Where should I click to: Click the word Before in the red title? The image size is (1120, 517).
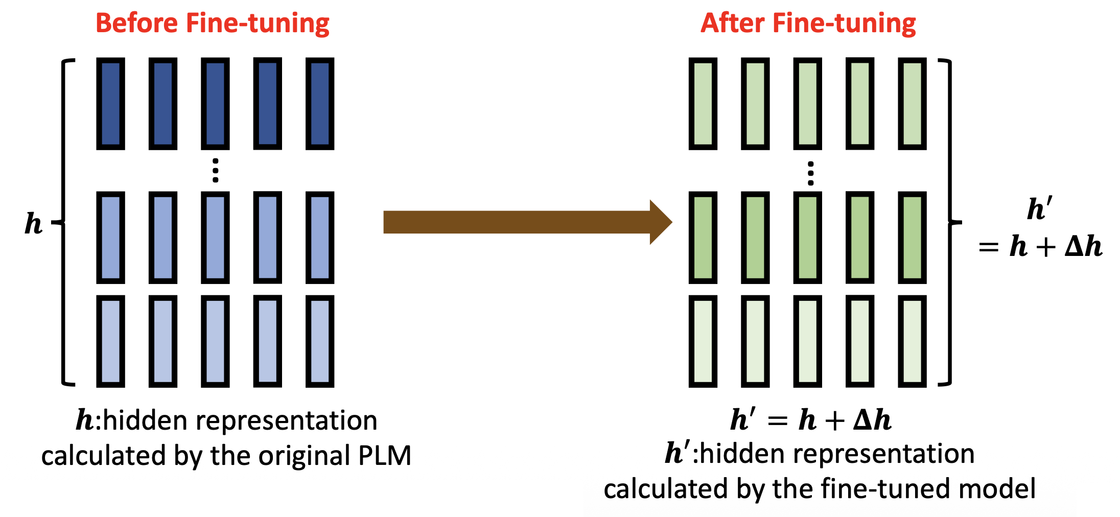click(137, 24)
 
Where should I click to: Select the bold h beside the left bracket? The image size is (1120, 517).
click(34, 223)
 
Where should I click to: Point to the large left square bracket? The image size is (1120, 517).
click(64, 222)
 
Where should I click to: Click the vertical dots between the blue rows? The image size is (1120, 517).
click(216, 171)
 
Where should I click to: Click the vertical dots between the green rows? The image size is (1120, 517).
click(810, 174)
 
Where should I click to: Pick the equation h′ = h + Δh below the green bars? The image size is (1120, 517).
click(810, 420)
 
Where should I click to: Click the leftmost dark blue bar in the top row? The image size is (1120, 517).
click(111, 104)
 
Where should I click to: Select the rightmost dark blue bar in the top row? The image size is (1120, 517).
click(320, 104)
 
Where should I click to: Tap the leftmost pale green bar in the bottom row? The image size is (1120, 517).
click(703, 341)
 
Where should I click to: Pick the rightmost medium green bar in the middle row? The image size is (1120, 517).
click(912, 238)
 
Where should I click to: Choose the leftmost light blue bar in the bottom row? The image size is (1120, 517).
click(111, 341)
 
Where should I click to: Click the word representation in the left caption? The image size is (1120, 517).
click(286, 421)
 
